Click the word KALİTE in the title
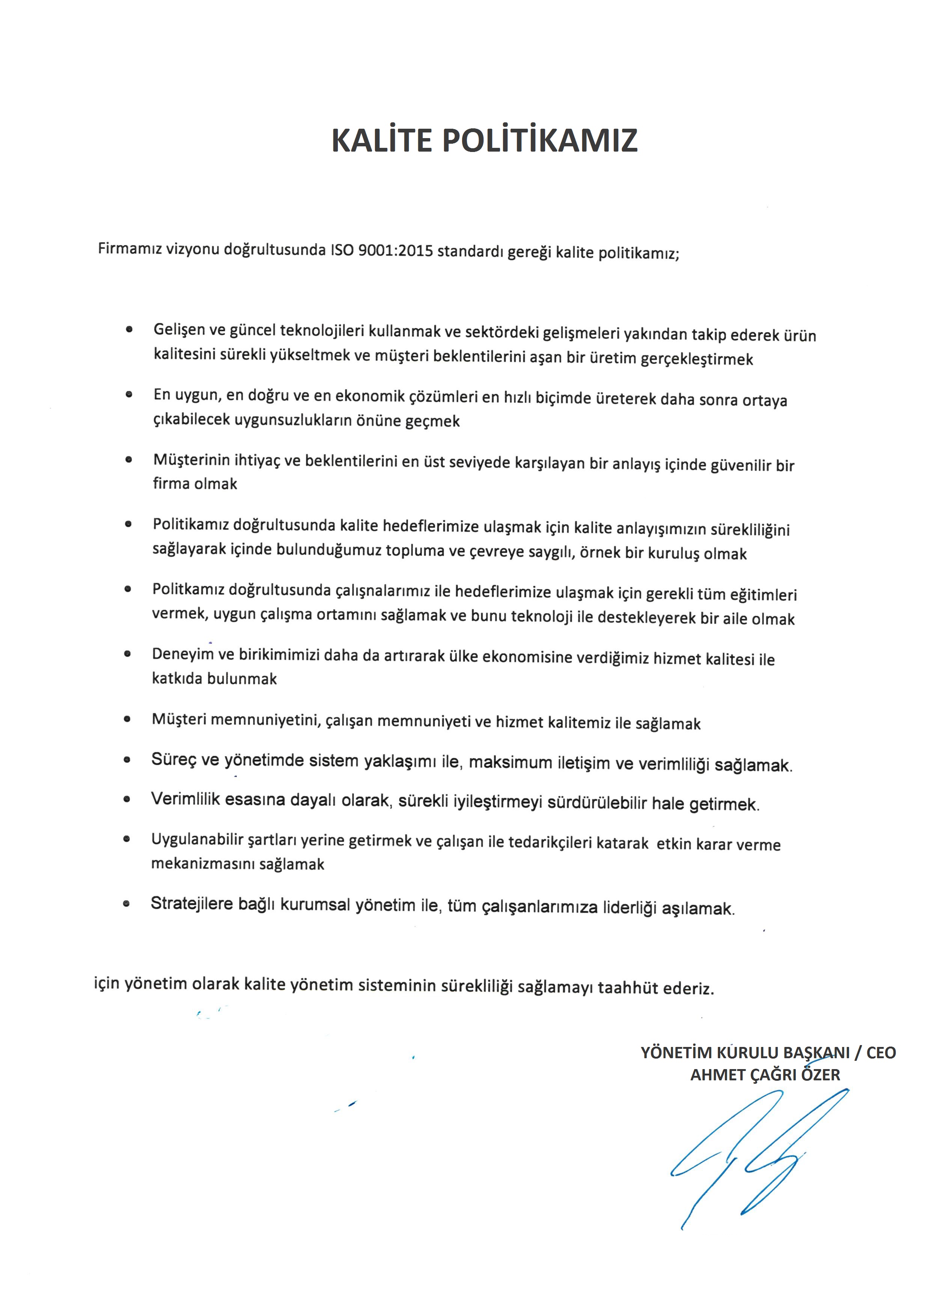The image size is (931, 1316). (x=381, y=140)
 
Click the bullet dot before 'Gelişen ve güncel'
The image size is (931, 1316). (x=129, y=329)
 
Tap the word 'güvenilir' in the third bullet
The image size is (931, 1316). (x=741, y=465)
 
